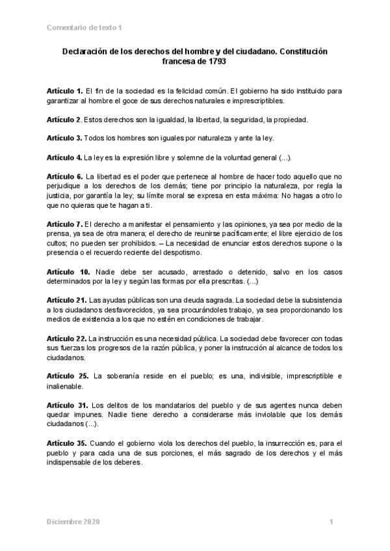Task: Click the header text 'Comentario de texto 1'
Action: (84, 27)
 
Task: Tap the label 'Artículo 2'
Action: (64, 120)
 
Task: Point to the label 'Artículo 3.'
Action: (64, 138)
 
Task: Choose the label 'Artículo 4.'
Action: (64, 157)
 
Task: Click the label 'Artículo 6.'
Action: (64, 176)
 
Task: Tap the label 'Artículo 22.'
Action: (66, 338)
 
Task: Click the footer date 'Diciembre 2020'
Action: (73, 522)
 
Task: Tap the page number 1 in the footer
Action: (331, 522)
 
